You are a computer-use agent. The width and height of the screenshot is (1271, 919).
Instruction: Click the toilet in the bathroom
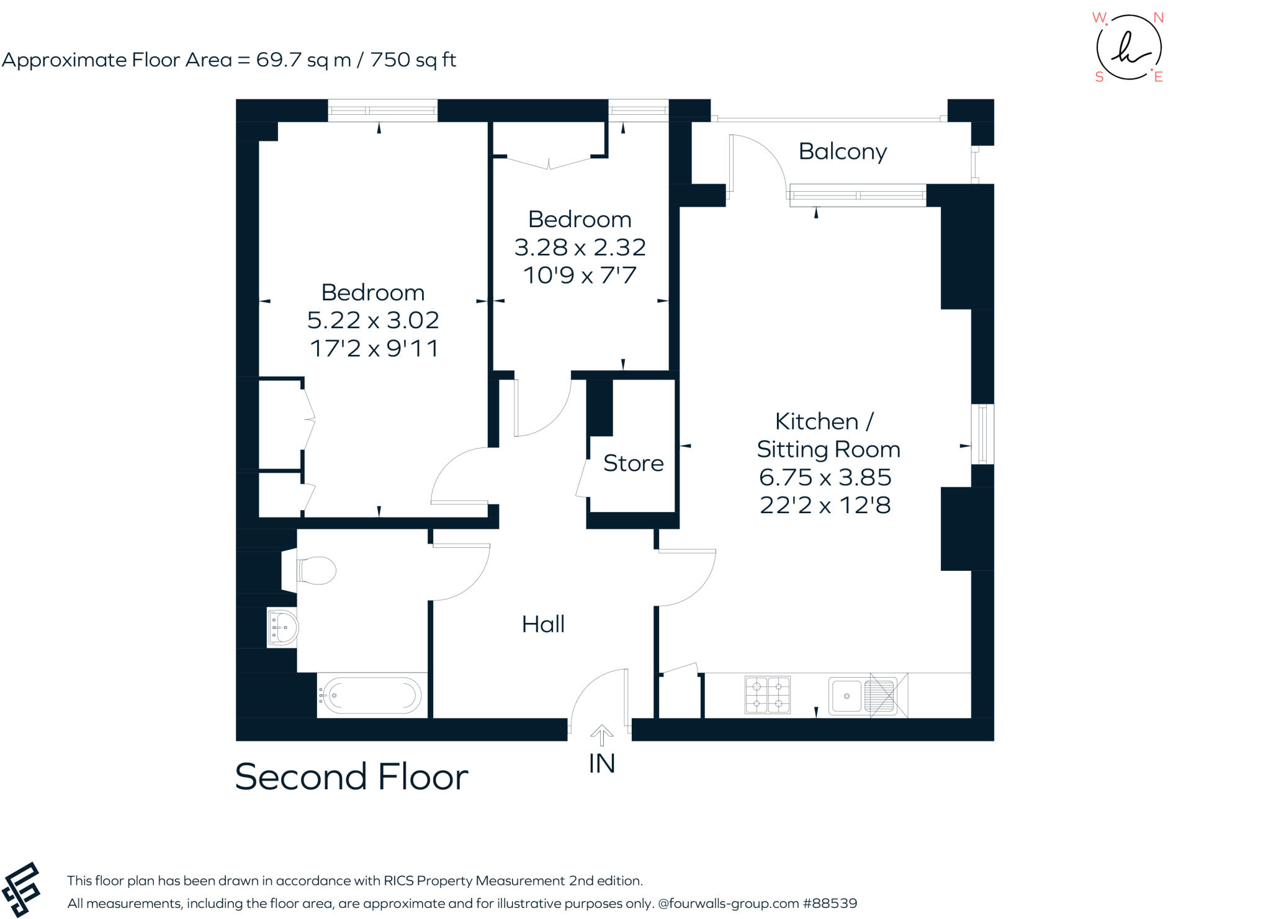coord(315,570)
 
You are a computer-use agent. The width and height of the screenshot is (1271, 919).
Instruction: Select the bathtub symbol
coord(371,695)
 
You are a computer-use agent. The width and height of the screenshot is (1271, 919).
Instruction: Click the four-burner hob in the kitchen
coord(768,695)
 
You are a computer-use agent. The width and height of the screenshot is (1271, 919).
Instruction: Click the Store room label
coord(633,463)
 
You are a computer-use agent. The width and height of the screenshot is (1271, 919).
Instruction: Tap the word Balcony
coord(842,151)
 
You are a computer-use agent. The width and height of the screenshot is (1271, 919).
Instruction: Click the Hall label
coord(543,624)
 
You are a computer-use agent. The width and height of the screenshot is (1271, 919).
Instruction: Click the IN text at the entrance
coord(601,764)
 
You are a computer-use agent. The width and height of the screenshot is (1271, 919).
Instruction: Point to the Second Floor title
coord(351,777)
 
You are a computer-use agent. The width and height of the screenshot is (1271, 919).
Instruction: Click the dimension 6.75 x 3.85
coord(825,477)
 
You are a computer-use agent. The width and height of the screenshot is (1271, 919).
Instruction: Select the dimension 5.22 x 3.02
coord(373,320)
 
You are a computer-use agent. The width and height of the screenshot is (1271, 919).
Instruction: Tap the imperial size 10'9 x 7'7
coord(580,275)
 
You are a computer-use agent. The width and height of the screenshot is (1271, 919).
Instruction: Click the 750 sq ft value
coord(413,60)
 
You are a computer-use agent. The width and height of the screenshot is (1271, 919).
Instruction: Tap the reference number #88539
coord(830,903)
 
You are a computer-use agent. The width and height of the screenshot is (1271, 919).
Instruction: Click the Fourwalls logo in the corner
coord(22,889)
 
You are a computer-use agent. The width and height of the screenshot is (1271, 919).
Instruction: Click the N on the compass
coord(1158,18)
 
